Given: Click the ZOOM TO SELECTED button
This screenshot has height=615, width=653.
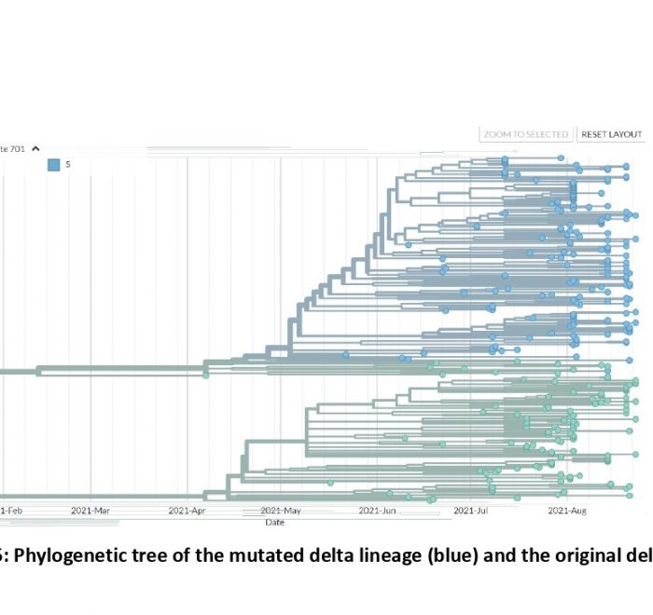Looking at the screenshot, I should click(x=526, y=134).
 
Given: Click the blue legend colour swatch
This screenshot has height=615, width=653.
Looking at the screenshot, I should click(x=54, y=165).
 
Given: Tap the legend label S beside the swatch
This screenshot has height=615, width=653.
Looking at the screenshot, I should click(x=68, y=165).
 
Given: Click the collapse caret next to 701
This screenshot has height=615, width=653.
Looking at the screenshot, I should click(x=35, y=148).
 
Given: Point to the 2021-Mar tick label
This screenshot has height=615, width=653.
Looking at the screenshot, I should click(x=90, y=510).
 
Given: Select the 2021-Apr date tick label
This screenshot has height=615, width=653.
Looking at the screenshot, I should click(x=188, y=510).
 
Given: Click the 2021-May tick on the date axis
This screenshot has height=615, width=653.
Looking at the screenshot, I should click(x=281, y=510).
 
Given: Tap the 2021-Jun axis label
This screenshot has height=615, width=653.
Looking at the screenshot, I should click(x=377, y=510).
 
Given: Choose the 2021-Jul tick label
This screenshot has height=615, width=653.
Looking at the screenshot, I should click(x=471, y=510).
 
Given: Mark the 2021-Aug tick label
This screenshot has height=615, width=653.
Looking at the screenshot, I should click(x=567, y=510).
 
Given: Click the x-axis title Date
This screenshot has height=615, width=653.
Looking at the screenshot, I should click(x=274, y=523).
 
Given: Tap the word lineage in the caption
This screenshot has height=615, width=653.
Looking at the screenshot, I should click(x=335, y=557).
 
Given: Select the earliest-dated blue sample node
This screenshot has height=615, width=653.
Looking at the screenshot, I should click(x=345, y=355).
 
